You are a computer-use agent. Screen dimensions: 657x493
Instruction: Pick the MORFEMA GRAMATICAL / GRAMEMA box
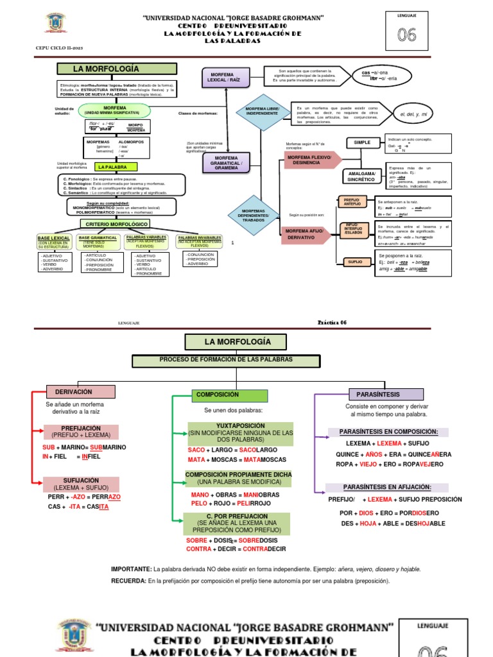pos(226,163)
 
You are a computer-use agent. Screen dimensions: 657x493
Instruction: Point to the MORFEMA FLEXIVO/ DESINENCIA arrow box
pos(309,160)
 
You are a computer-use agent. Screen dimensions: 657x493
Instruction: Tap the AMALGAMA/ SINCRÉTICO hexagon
pos(362,176)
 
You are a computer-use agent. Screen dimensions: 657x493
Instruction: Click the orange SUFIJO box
pos(354,262)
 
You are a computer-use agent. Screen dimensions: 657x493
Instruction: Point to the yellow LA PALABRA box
pos(112,167)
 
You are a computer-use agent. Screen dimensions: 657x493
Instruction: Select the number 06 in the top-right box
pos(406,36)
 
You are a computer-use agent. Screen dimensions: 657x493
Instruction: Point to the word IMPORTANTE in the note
pos(131,569)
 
